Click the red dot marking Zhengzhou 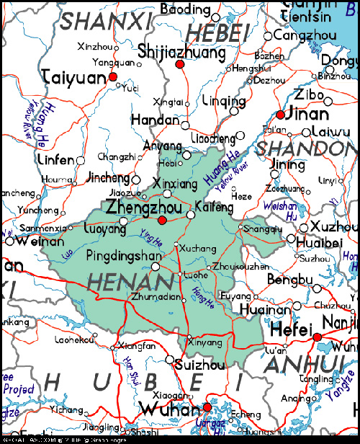pos(163,221)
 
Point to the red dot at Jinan pos(280,113)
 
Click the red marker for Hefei pos(317,337)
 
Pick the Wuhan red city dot pos(207,407)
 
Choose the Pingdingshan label pos(124,256)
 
